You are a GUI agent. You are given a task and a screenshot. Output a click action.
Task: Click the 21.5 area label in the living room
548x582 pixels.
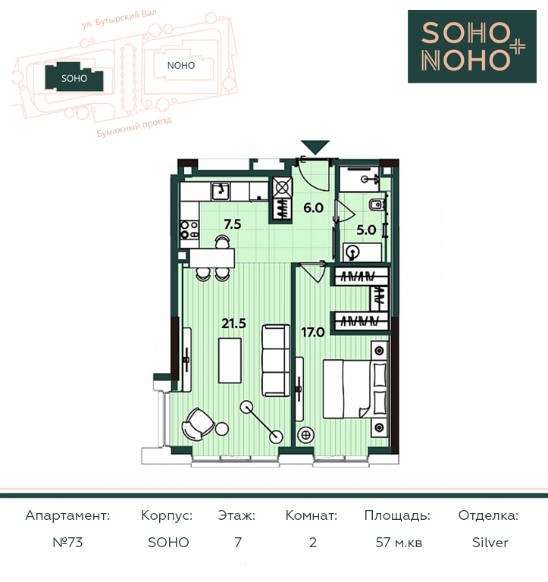tap(233, 324)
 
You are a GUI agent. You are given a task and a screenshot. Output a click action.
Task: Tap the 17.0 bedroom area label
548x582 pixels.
tap(312, 332)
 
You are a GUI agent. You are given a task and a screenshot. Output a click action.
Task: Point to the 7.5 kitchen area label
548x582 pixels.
tap(233, 224)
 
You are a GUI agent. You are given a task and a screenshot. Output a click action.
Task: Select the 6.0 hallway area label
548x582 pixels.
tap(313, 208)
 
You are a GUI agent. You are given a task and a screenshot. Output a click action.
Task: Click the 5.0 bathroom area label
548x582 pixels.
tap(366, 230)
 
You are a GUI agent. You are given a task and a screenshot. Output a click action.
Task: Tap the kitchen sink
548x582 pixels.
tap(221, 191)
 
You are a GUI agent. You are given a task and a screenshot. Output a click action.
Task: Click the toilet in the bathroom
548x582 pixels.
tap(377, 204)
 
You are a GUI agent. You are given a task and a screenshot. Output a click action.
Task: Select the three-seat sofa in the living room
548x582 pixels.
tap(275, 361)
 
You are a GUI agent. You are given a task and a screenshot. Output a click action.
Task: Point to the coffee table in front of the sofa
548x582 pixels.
tap(230, 360)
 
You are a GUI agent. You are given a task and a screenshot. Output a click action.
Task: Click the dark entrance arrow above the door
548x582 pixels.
tap(315, 147)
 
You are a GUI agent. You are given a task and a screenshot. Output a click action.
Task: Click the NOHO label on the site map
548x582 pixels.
tap(181, 66)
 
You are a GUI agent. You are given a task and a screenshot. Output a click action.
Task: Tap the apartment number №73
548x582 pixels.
tap(67, 543)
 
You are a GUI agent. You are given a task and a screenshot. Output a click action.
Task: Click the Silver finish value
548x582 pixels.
tap(490, 543)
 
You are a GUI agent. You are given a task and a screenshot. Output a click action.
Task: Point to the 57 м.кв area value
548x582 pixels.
tap(399, 543)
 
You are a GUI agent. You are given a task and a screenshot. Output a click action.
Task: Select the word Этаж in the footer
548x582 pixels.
tap(236, 515)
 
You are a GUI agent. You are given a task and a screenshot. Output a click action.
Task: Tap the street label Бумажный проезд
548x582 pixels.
tap(134, 127)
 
